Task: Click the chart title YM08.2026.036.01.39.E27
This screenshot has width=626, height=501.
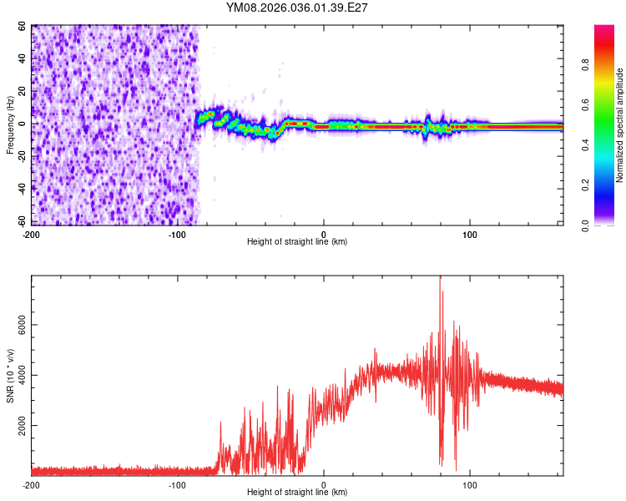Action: click(x=297, y=8)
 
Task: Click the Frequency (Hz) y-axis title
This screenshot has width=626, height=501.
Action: click(x=10, y=124)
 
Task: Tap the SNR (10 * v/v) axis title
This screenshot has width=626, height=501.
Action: click(x=10, y=376)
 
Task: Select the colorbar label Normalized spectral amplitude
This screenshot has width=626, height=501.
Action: click(x=619, y=125)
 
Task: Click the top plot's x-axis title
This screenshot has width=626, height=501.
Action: click(x=297, y=241)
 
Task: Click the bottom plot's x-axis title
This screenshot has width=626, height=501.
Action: click(x=297, y=492)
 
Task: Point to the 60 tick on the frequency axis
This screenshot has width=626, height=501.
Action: click(x=22, y=26)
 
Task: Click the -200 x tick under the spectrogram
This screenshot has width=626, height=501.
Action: click(x=31, y=233)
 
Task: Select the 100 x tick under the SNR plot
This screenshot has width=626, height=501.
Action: click(x=469, y=484)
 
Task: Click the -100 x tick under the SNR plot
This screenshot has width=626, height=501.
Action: click(x=177, y=484)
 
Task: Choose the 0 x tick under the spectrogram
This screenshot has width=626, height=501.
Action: click(x=324, y=233)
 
